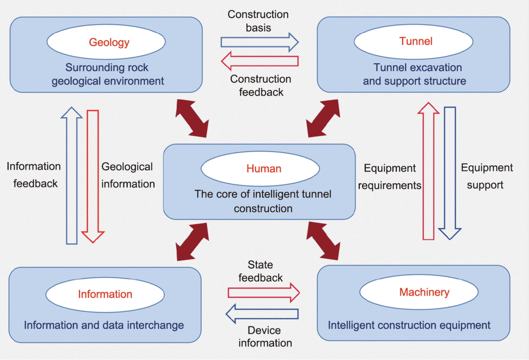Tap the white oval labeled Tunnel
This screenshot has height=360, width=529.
[x=416, y=41]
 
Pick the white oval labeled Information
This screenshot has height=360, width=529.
[x=105, y=294]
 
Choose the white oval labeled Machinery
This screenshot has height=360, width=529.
[x=424, y=292]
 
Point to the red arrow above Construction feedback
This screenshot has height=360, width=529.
[x=259, y=61]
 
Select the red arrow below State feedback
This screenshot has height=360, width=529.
[x=263, y=292]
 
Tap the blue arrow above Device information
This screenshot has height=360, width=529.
[x=263, y=314]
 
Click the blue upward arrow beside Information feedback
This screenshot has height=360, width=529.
[x=71, y=176]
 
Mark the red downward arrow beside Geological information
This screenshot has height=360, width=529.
[x=93, y=176]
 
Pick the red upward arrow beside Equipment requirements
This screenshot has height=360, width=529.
[x=428, y=171]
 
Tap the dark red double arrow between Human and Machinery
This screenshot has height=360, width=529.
[x=324, y=240]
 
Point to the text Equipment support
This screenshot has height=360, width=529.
[x=487, y=176]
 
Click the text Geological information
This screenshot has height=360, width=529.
[x=128, y=175]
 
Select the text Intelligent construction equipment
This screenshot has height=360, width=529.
[x=409, y=325]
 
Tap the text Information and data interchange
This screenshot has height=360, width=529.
[x=104, y=325]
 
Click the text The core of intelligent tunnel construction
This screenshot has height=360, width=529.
[x=263, y=201]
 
